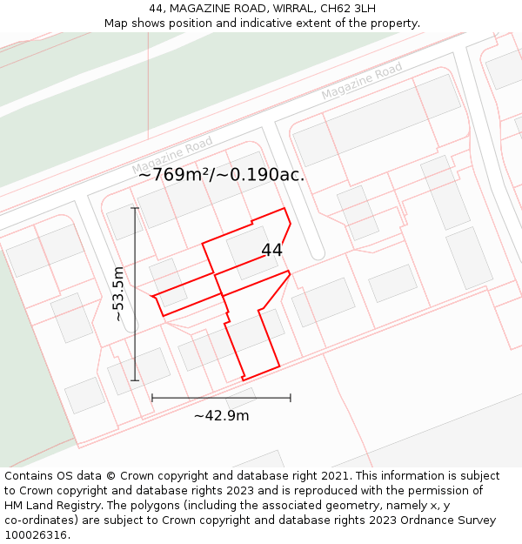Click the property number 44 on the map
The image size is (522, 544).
271,250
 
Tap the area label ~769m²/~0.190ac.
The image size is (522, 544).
221,174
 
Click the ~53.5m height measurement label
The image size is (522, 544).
119,294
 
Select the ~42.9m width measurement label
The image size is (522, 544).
221,415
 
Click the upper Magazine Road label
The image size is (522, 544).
361,81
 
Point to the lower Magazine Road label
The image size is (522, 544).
172,155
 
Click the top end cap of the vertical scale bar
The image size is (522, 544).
135,208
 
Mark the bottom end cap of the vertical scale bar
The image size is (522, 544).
135,380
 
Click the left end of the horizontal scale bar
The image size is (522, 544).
152,398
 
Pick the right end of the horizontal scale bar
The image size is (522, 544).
291,398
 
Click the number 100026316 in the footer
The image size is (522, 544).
34,534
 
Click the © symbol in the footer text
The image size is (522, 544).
110,476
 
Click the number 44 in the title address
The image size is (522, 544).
157,8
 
